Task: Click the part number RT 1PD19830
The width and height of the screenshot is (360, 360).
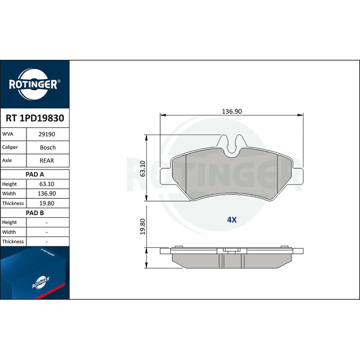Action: [35, 118]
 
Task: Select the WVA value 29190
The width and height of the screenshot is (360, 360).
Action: [47, 134]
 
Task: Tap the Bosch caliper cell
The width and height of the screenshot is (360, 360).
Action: [48, 148]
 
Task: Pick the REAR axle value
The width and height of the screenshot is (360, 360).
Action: [47, 161]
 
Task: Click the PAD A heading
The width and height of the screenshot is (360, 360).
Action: [35, 175]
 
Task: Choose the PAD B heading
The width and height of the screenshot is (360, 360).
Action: [35, 213]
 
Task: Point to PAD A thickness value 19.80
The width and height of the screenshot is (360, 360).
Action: [47, 203]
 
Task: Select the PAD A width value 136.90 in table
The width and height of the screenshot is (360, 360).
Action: [47, 193]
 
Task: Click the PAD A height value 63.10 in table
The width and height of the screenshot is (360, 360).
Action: [47, 184]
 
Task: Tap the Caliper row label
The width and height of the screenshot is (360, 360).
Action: [10, 148]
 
